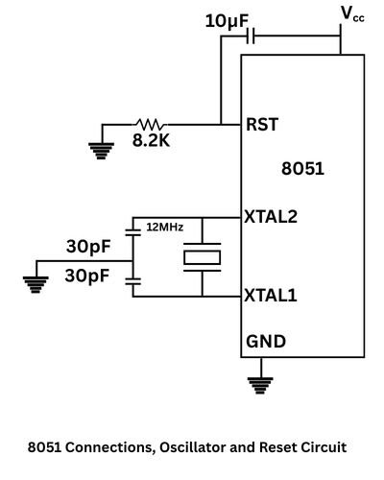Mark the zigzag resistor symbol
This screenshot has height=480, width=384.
pyautogui.click(x=150, y=124)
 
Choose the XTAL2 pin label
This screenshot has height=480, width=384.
pyautogui.click(x=272, y=217)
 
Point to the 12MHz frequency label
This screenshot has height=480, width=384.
pyautogui.click(x=164, y=228)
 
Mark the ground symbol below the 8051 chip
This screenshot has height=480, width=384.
pyautogui.click(x=255, y=385)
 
